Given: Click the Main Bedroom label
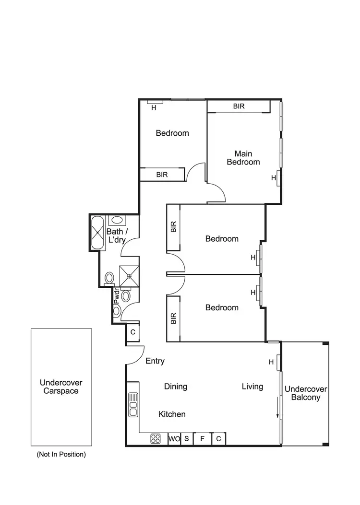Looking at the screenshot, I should click(x=243, y=158).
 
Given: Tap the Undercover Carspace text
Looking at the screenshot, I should click(x=61, y=387).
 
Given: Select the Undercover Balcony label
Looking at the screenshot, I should click(x=302, y=393).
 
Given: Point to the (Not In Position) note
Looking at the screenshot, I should click(x=61, y=454).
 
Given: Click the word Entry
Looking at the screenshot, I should click(x=155, y=361).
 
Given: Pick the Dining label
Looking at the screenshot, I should click(x=176, y=387).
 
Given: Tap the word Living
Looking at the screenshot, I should click(x=252, y=387).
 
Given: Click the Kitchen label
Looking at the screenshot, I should click(x=172, y=414).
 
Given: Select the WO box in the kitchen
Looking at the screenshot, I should click(x=174, y=438).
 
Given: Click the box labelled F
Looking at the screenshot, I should click(x=203, y=438).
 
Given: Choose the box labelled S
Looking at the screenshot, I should click(x=187, y=438).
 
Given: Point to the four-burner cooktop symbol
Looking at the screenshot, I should click(x=156, y=438).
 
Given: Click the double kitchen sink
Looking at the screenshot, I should click(x=133, y=404).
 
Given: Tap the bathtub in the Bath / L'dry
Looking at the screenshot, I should click(x=98, y=233).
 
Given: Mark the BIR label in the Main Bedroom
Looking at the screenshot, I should click(x=239, y=106).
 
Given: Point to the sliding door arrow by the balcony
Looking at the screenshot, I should click(x=277, y=408).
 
